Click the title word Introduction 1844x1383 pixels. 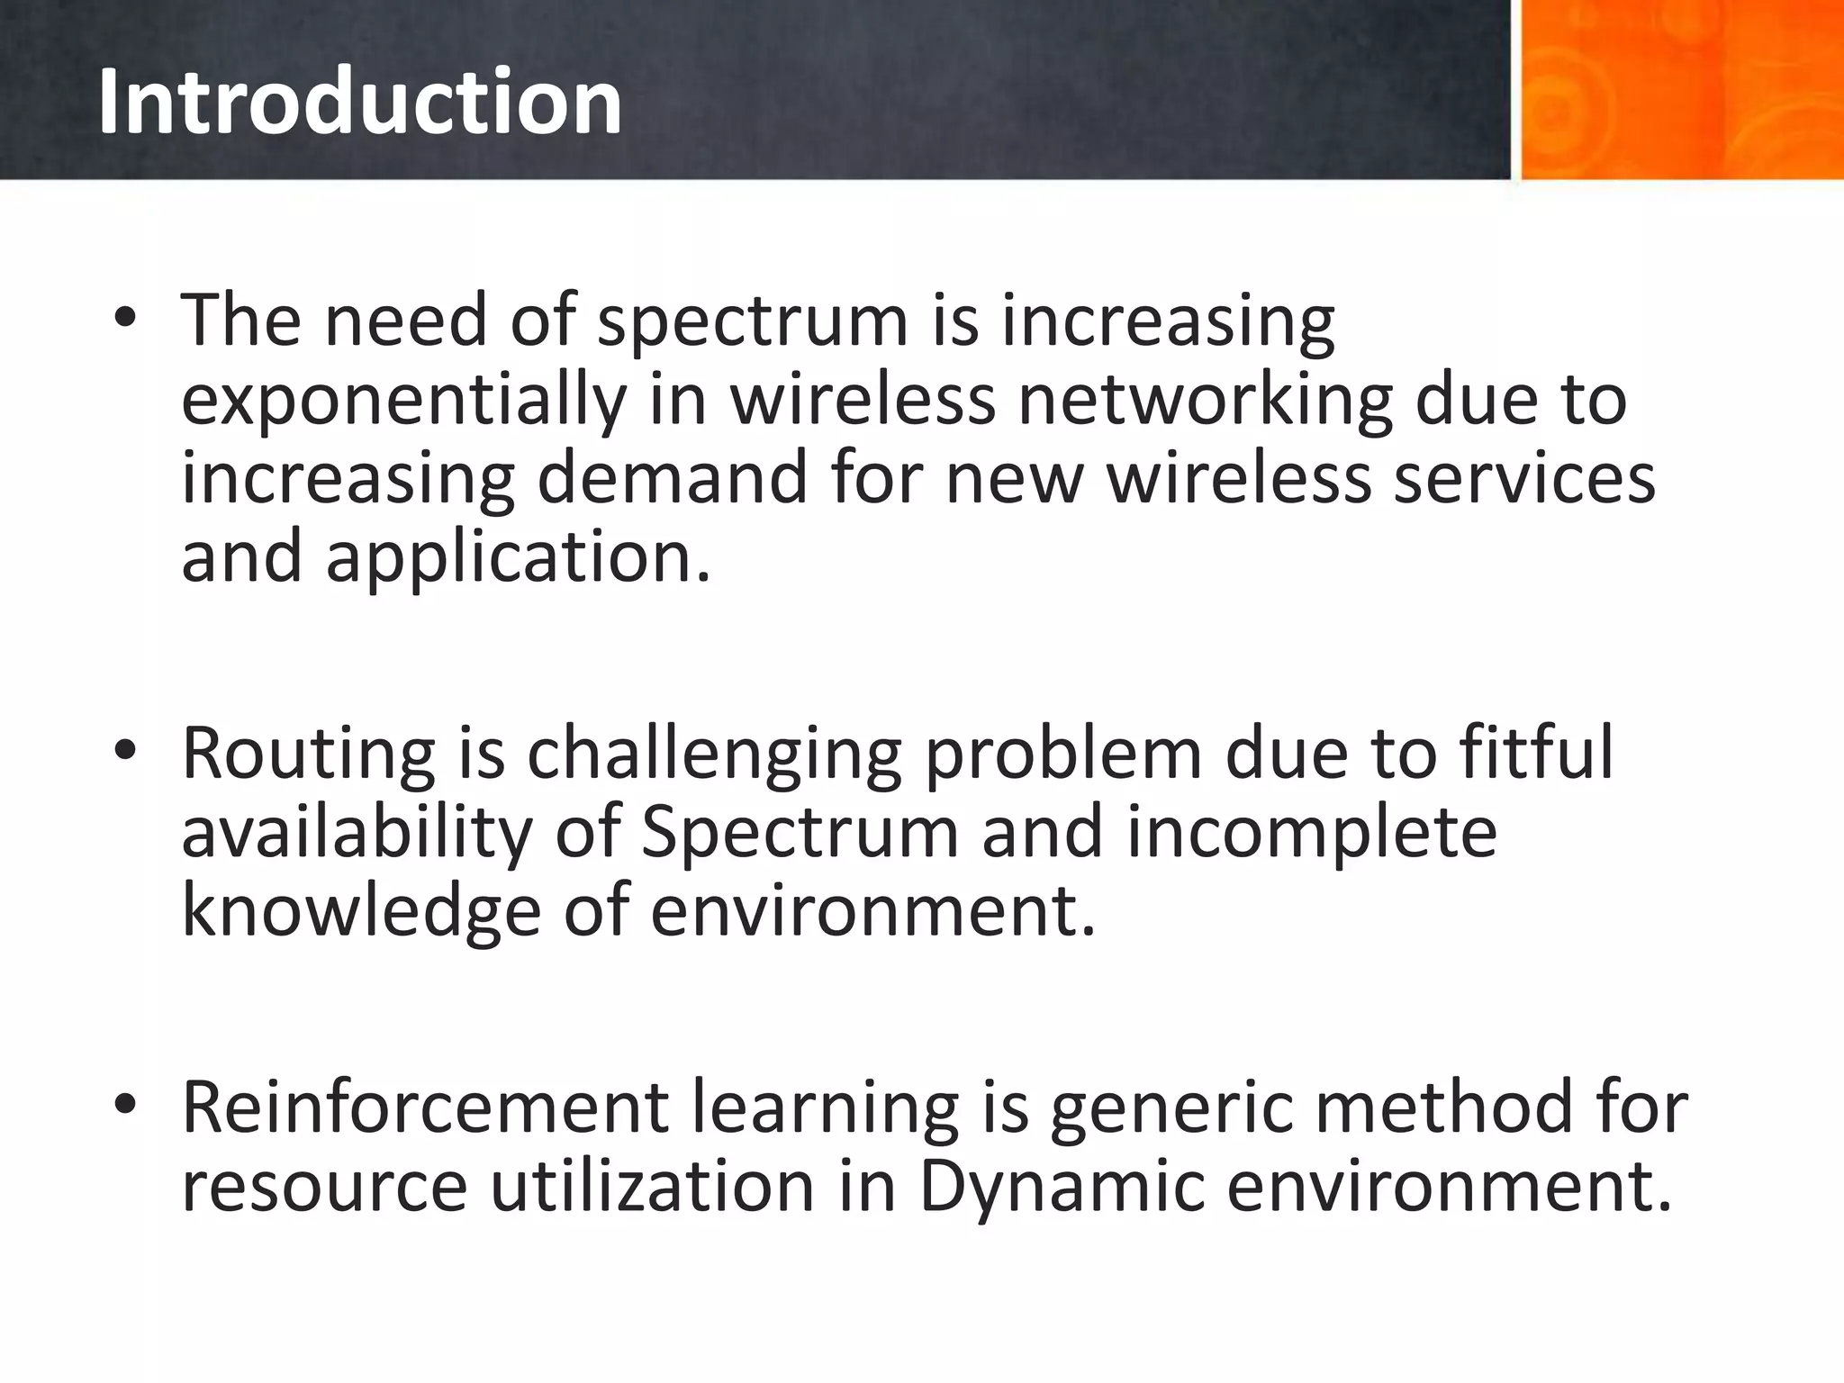(x=359, y=103)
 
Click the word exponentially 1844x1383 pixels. (x=402, y=401)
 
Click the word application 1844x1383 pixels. (x=518, y=559)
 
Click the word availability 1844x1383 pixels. (x=357, y=833)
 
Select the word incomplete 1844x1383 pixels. (x=1311, y=833)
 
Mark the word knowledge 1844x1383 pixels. (x=361, y=911)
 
